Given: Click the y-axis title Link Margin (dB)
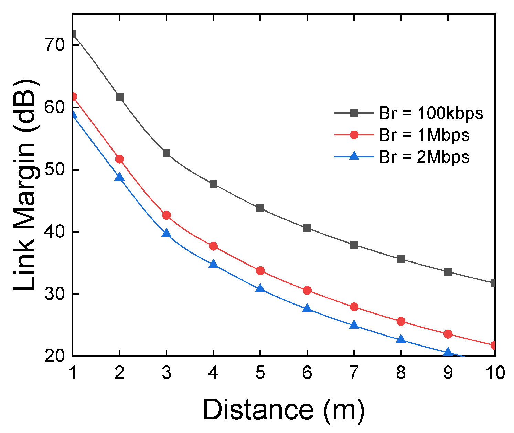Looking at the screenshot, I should click(25, 185).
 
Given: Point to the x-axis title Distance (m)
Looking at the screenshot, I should click(283, 410).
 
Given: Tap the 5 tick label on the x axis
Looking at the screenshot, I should click(260, 373).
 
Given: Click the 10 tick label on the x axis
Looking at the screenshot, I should click(494, 373).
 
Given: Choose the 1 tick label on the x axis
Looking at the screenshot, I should click(73, 373).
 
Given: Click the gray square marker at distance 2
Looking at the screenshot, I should click(119, 97).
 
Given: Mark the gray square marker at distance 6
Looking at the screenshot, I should click(307, 228).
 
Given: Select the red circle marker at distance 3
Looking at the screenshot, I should click(167, 215).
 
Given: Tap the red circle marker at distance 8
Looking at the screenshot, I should click(401, 321).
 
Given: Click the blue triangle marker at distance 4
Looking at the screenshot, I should click(213, 264).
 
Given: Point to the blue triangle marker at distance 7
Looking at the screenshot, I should click(354, 325).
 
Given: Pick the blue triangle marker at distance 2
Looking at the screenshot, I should click(119, 177).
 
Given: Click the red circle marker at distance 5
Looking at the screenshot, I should click(260, 271).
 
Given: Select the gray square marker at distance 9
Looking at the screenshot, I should click(448, 272).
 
